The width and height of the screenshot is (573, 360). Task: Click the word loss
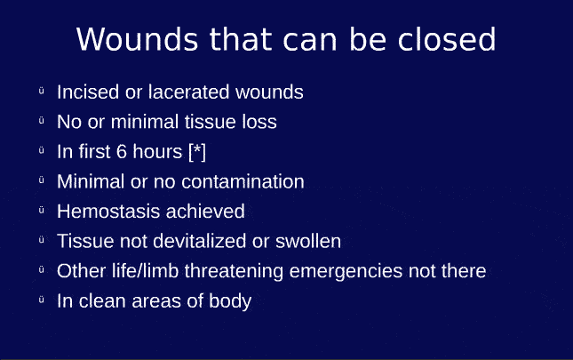pyautogui.click(x=259, y=122)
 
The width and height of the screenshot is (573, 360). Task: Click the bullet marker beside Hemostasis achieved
pyautogui.click(x=41, y=211)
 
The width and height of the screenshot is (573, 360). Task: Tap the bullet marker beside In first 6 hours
pyautogui.click(x=41, y=151)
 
